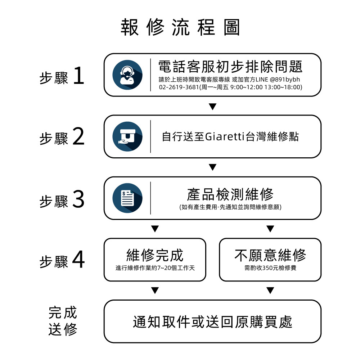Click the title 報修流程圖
[x=180, y=28]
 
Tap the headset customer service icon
[x=127, y=75]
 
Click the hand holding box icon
[x=127, y=136]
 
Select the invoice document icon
[x=127, y=198]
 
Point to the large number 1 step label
[x=78, y=77]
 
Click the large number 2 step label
[x=78, y=138]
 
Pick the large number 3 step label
[x=78, y=199]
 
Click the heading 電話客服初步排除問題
[x=230, y=67]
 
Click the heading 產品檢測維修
[x=230, y=194]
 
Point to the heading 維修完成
[x=155, y=255]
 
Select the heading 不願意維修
[x=270, y=255]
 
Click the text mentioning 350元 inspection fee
[x=270, y=268]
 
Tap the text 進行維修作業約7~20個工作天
[x=155, y=268]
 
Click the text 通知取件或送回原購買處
[x=212, y=322]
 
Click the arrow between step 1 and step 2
[x=212, y=107]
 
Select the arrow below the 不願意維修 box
[x=270, y=290]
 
